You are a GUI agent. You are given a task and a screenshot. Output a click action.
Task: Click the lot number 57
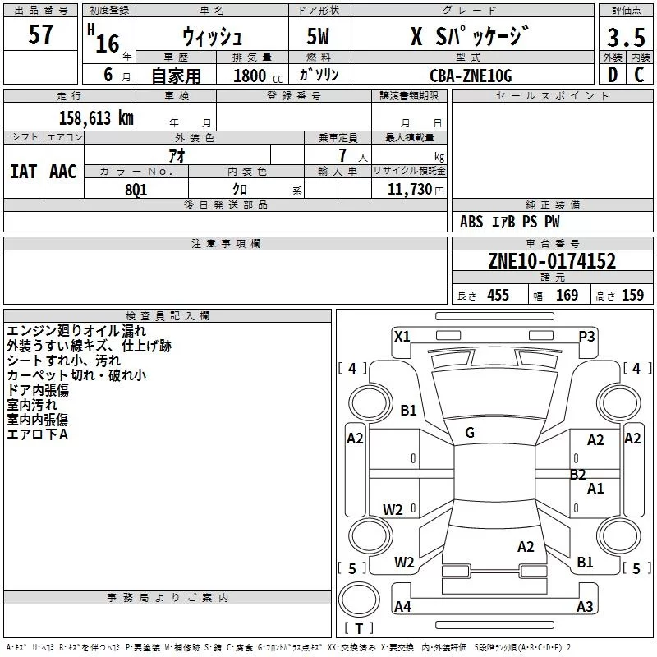[x=40, y=34]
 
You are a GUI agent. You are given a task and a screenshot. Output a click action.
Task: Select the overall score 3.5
[x=626, y=37]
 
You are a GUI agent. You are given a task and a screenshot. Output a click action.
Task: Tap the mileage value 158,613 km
[x=96, y=118]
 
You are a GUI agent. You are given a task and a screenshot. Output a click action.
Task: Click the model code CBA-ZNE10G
[x=471, y=76]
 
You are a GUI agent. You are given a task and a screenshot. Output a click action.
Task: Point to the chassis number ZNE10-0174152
[x=552, y=261]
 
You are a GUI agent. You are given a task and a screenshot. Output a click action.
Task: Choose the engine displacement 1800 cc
[x=258, y=76]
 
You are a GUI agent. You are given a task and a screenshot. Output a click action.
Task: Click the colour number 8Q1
[x=136, y=190]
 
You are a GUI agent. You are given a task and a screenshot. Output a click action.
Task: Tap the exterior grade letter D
[x=613, y=75]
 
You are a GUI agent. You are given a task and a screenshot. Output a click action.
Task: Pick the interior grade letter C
[x=639, y=75]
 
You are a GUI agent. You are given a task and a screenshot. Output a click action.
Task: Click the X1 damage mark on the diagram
[x=402, y=337]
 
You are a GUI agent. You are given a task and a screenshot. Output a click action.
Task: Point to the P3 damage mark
[x=586, y=337]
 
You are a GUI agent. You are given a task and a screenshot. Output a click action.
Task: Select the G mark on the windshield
[x=470, y=433]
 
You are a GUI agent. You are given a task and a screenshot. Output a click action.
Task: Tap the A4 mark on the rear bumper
[x=402, y=606]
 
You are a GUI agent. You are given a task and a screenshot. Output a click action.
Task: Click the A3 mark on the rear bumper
[x=585, y=606]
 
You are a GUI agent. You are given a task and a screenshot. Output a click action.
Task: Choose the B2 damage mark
[x=578, y=475]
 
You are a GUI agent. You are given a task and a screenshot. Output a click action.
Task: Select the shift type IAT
[x=24, y=172]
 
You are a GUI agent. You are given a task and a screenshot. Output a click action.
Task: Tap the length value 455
[x=498, y=295]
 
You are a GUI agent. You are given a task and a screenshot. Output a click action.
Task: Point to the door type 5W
[x=318, y=36]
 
